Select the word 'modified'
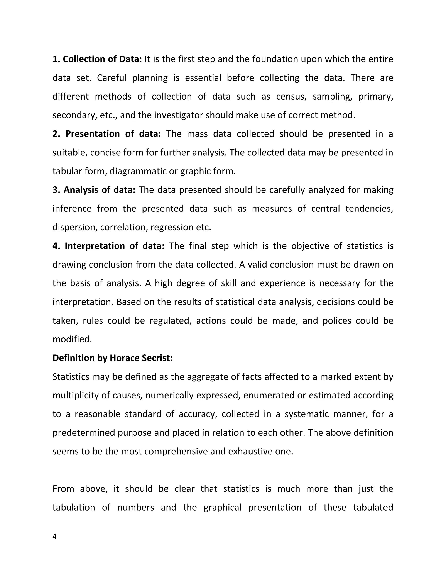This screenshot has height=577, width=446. click(x=72, y=339)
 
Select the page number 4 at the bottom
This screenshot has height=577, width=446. click(x=54, y=537)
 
